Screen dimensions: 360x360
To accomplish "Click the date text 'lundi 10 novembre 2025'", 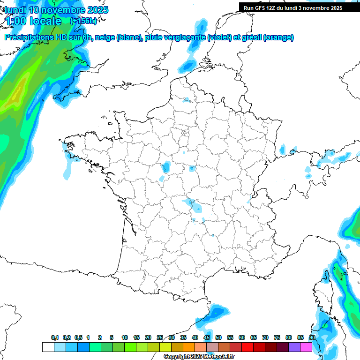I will click(x=56, y=10).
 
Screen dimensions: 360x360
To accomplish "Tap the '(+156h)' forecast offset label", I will click(x=83, y=21).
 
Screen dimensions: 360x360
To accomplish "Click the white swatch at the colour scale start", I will click(x=48, y=347).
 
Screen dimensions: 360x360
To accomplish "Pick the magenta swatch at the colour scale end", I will click(x=306, y=347).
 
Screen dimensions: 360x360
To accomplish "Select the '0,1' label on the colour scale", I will click(x=55, y=337).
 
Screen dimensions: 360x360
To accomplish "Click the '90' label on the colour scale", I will click(x=312, y=337).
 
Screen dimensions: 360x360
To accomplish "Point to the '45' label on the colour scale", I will click(x=207, y=337).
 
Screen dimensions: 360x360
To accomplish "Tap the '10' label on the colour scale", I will click(x=125, y=337).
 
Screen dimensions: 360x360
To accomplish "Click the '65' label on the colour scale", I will click(x=254, y=337).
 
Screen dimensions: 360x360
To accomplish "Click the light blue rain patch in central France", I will click(x=190, y=203).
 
